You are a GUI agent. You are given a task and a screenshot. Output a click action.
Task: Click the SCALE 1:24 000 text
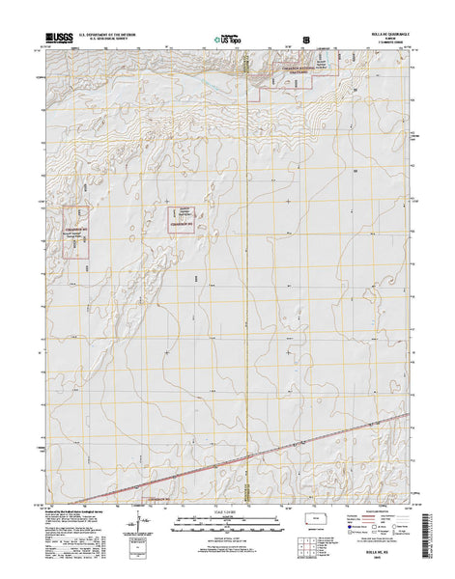pyautogui.click(x=227, y=510)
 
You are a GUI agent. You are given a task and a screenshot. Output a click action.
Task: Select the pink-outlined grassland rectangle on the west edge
pyautogui.click(x=76, y=232)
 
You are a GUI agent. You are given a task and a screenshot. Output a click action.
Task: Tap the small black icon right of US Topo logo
pyautogui.click(x=306, y=41)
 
